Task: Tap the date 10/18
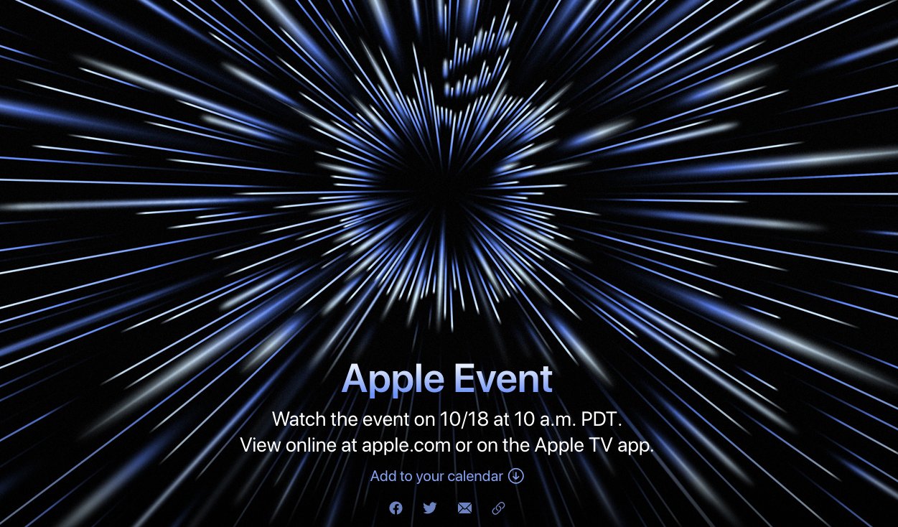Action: pos(464,419)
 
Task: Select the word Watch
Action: pos(299,419)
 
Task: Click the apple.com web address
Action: pos(406,445)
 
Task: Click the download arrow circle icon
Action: pos(516,476)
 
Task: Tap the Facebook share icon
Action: pos(396,508)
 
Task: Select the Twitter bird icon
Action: pos(430,508)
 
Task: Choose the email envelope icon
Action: pos(464,508)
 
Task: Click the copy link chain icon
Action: pos(498,508)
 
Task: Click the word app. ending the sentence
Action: pos(636,446)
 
